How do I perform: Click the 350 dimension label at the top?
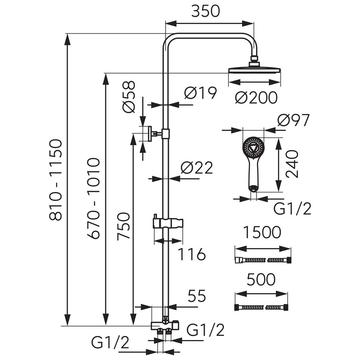pyautogui.click(x=205, y=11)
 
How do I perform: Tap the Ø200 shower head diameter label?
pyautogui.click(x=256, y=97)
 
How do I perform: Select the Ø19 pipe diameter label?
pyautogui.click(x=200, y=94)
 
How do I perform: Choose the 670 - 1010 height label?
pyautogui.click(x=93, y=198)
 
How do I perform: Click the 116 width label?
pyautogui.click(x=192, y=254)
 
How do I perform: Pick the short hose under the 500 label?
pyautogui.click(x=260, y=308)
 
